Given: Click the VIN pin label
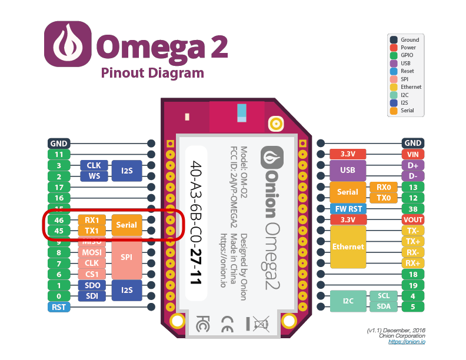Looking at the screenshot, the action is pyautogui.click(x=412, y=154).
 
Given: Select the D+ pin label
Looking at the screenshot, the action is pyautogui.click(x=412, y=165).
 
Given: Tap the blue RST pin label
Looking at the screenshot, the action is pyautogui.click(x=59, y=307).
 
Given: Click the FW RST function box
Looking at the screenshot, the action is pyautogui.click(x=348, y=209).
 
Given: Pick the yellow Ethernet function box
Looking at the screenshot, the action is pyautogui.click(x=348, y=247).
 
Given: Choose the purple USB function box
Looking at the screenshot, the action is pyautogui.click(x=348, y=171).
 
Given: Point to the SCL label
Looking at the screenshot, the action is pyautogui.click(x=383, y=296).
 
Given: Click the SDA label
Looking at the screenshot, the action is pyautogui.click(x=383, y=307).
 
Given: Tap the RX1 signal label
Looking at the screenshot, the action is pyautogui.click(x=92, y=220).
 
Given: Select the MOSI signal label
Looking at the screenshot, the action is pyautogui.click(x=92, y=252).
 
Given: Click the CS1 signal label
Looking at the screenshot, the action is pyautogui.click(x=92, y=274).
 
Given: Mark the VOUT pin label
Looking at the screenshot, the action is pyautogui.click(x=412, y=219).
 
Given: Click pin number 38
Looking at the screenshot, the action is pyautogui.click(x=412, y=209).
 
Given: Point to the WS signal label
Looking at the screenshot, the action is pyautogui.click(x=94, y=176).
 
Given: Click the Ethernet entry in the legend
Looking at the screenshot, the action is pyautogui.click(x=411, y=87).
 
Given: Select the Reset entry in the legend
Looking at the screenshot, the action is pyautogui.click(x=408, y=71).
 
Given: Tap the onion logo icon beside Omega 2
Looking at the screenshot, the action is pyautogui.click(x=68, y=45).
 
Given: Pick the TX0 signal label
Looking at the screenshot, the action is pyautogui.click(x=383, y=198).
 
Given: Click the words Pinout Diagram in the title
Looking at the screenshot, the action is pyautogui.click(x=152, y=73).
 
